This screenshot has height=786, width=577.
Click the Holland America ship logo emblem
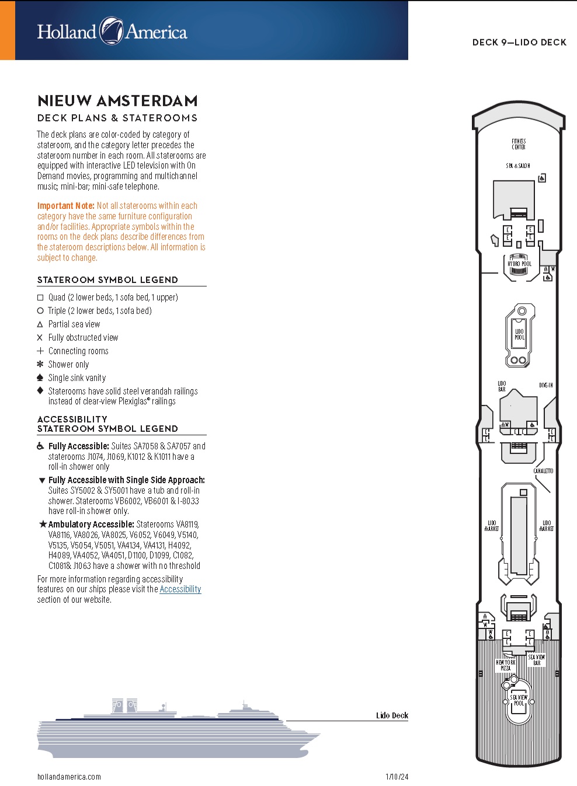click(111, 31)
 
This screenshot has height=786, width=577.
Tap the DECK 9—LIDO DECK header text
click(519, 42)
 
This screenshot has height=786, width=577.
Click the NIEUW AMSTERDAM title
click(117, 101)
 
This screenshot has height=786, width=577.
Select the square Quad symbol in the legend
click(40, 298)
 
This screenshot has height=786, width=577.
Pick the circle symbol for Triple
click(40, 311)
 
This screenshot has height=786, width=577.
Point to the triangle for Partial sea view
click(40, 324)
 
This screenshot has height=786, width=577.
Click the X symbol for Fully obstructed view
click(40, 338)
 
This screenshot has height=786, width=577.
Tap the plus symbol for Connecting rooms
click(40, 351)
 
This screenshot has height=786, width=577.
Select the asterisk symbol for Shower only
click(40, 364)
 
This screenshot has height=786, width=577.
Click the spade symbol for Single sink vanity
click(40, 378)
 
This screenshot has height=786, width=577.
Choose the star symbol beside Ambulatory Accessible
click(43, 524)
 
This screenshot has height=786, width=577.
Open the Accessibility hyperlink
click(180, 589)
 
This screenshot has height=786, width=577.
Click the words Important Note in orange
click(65, 206)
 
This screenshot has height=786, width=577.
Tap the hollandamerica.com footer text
click(69, 777)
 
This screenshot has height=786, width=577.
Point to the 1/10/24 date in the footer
click(397, 777)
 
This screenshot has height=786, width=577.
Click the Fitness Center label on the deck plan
click(519, 144)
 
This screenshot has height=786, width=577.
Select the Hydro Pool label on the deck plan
click(519, 264)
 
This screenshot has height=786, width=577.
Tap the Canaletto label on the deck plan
click(543, 471)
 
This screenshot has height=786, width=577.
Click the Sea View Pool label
click(519, 700)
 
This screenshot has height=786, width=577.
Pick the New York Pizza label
click(506, 665)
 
